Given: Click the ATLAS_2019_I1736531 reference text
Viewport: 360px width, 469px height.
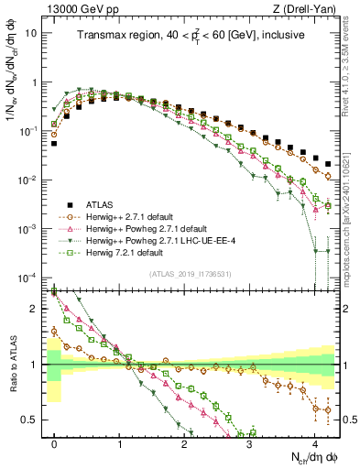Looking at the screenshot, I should pyautogui.click(x=190, y=274).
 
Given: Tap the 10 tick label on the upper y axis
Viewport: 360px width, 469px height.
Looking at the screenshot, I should pyautogui.click(x=32, y=33).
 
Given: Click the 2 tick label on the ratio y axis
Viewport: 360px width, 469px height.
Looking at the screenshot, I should pyautogui.click(x=34, y=309).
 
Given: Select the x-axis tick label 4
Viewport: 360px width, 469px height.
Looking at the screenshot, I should pyautogui.click(x=314, y=441).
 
